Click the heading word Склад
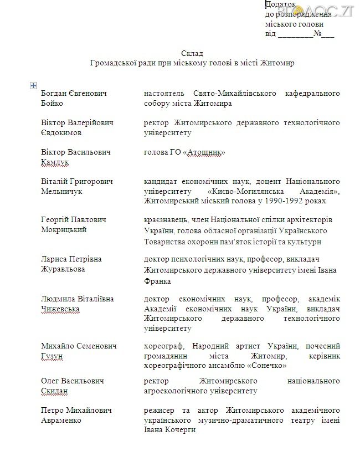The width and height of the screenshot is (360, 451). (x=192, y=53)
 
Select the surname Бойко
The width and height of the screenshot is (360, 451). (x=52, y=104)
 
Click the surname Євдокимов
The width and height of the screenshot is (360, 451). (x=61, y=133)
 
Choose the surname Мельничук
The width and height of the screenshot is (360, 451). (x=61, y=191)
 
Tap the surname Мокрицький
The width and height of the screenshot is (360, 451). (x=64, y=230)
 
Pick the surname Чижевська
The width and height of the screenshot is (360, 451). (x=60, y=309)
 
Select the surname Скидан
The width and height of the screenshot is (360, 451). (x=54, y=391)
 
